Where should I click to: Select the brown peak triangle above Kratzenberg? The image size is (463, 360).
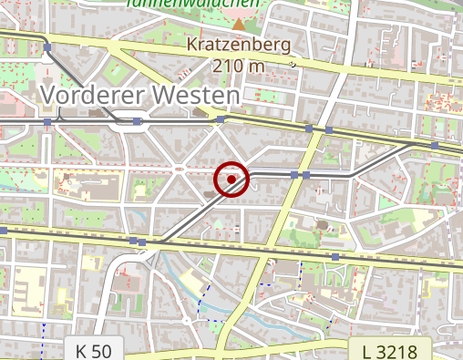pos(238,21)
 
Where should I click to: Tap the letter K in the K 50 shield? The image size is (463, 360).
pos(82,351)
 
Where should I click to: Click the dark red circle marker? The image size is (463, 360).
pos(231,180)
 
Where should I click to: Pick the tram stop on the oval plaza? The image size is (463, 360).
pos(137,121)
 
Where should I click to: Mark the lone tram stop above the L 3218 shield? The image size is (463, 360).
pos(335,258)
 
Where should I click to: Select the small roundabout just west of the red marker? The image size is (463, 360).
pos(180,169)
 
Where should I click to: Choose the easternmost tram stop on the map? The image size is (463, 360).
pos(436,145)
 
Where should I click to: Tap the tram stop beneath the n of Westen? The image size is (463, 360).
pos(220,118)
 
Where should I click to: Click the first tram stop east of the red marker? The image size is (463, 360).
pos(294,173)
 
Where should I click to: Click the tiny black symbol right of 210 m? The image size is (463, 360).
pos(293,65)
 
